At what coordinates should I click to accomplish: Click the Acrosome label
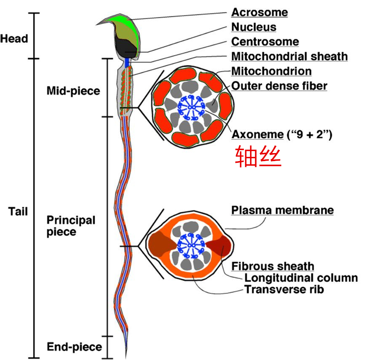(259, 12)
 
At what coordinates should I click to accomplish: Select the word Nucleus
(254, 27)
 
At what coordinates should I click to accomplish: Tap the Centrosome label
(265, 42)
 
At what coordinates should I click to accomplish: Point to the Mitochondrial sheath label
(289, 56)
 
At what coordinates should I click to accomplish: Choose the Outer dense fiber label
(279, 86)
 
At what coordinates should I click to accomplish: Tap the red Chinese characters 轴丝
(257, 158)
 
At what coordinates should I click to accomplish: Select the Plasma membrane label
(282, 210)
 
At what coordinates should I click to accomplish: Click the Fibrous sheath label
(272, 266)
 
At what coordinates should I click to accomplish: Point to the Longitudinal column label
(301, 278)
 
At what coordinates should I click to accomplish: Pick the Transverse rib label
(284, 289)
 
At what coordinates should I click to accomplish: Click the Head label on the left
(14, 39)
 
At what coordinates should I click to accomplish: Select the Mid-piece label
(73, 91)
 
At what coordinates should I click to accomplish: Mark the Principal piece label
(71, 226)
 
